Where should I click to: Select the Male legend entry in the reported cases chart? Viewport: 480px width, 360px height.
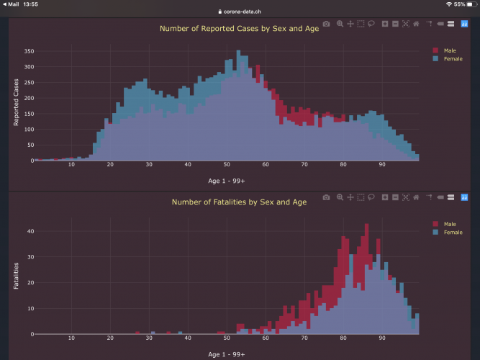[x=450, y=50]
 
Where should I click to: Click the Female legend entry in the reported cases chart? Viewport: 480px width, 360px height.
[x=453, y=58]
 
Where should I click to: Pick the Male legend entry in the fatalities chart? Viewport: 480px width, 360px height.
[x=450, y=224]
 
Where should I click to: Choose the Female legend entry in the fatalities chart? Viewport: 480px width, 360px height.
[x=453, y=232]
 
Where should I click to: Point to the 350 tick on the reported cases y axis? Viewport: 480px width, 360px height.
[x=30, y=52]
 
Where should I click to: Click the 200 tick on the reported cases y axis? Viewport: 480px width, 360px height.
[x=30, y=99]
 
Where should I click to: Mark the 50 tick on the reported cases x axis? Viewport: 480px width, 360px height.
[x=227, y=165]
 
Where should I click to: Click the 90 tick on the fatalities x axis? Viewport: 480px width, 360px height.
[x=382, y=338]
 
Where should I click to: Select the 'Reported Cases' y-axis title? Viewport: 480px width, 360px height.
[x=17, y=102]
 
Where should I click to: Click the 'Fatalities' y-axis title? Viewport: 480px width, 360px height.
[x=17, y=276]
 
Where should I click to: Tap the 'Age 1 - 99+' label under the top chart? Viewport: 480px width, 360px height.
[x=226, y=181]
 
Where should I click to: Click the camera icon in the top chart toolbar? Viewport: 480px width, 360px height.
[x=327, y=24]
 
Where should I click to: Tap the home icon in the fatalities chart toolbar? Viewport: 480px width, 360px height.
[x=416, y=197]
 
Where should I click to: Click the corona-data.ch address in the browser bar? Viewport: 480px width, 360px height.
[x=243, y=12]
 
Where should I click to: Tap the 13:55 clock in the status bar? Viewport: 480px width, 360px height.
[x=31, y=4]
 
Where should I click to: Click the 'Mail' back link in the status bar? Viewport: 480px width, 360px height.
[x=12, y=4]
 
